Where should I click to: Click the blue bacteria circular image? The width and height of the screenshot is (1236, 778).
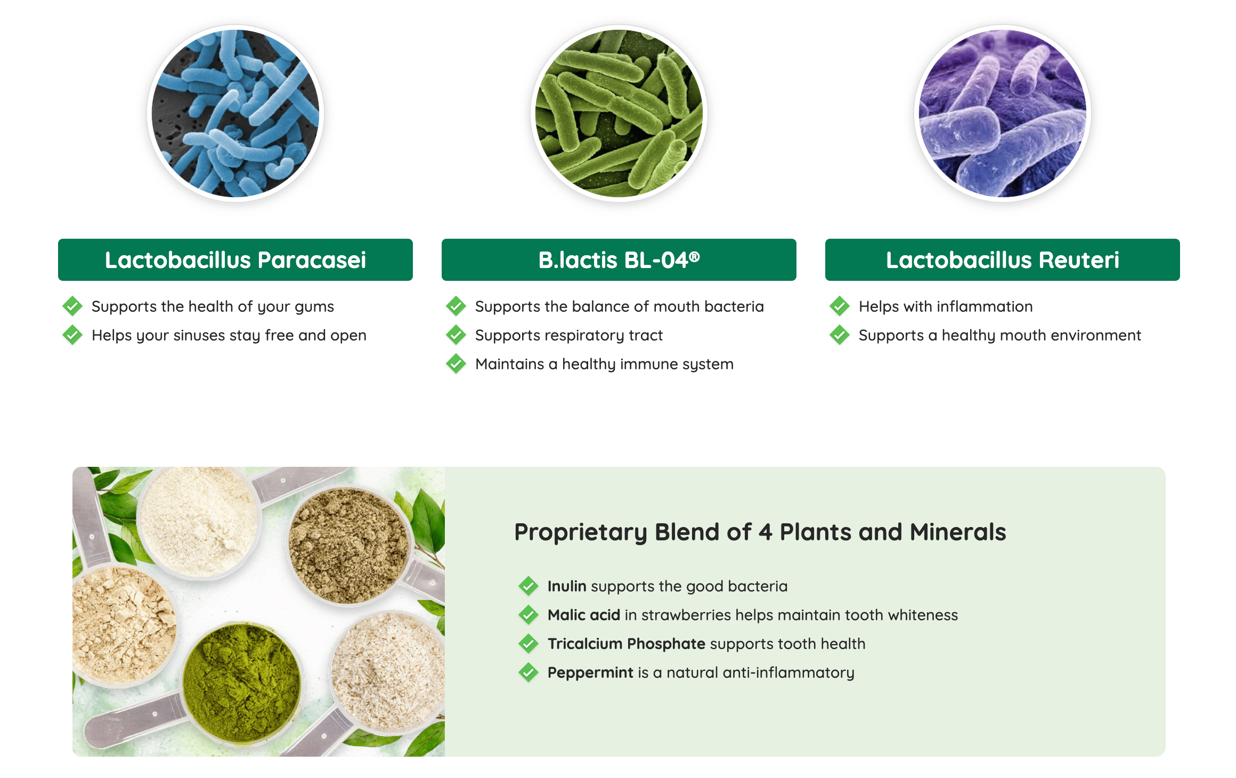[235, 114]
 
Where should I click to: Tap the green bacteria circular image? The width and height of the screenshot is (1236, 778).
[619, 114]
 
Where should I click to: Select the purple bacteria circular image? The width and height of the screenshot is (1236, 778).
[1003, 114]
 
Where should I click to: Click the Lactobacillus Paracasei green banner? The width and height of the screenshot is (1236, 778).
[235, 260]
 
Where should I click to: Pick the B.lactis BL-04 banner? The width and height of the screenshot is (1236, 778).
[619, 260]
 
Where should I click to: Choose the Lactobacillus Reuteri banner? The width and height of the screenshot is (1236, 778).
[1003, 260]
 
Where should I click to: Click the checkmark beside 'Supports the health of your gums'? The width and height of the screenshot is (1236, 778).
[72, 306]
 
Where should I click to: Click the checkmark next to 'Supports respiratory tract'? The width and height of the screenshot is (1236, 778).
[456, 335]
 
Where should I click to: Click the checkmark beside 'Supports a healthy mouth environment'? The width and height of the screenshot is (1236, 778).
[840, 335]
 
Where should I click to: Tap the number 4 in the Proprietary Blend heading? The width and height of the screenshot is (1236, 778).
[766, 532]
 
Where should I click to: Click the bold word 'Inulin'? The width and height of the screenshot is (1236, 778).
[567, 586]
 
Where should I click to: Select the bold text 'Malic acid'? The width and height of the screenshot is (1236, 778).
[584, 615]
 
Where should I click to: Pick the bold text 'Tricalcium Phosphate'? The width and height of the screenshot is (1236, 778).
[627, 644]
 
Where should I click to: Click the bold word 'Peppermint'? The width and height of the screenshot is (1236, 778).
[590, 672]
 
